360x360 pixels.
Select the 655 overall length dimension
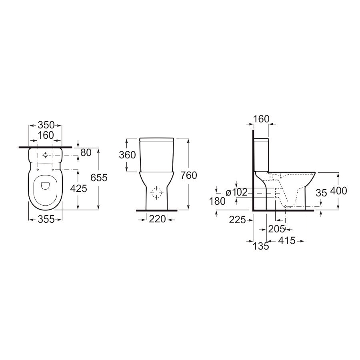[x=99, y=178]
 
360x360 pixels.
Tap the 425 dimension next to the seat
[x=78, y=188]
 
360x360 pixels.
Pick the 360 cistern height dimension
[x=128, y=155]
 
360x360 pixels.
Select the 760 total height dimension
[x=188, y=175]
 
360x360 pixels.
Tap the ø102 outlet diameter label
[x=237, y=192]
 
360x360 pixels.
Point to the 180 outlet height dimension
[x=218, y=202]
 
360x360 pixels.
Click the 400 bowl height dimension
[x=338, y=191]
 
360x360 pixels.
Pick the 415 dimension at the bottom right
[x=286, y=240]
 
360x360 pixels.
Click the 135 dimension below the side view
[x=262, y=246]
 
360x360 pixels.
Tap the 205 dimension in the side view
[x=276, y=229]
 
